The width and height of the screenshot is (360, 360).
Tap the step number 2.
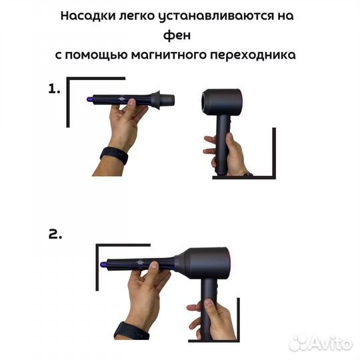tap(55, 234)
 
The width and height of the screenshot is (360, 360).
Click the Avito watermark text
tap(331, 343)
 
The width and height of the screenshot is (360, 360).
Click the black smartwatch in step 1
tap(114, 156)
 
